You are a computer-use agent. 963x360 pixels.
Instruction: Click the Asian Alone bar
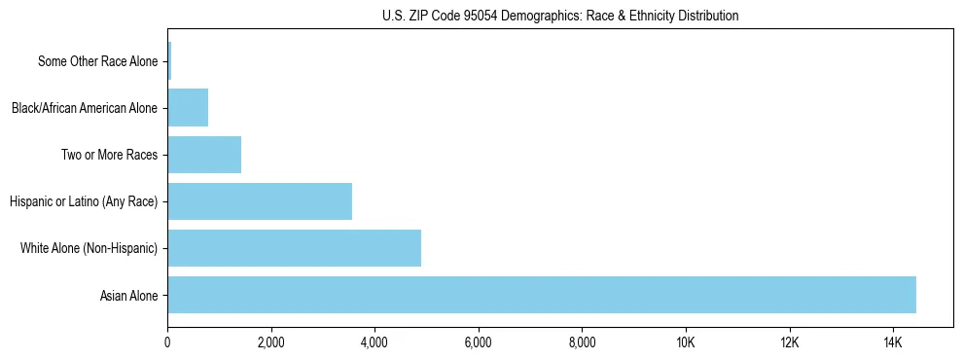pos(542,295)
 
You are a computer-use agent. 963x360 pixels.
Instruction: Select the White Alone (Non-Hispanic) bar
pos(294,248)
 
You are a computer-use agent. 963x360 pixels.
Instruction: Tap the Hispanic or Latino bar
pos(260,201)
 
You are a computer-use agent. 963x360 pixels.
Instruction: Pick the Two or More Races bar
pos(204,155)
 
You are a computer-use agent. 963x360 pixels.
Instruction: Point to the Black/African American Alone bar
pos(188,108)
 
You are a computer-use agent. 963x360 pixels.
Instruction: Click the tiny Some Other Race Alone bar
pos(169,61)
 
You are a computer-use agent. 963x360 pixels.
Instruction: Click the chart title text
pos(560,16)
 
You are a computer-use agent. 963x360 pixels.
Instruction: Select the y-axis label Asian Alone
pos(128,296)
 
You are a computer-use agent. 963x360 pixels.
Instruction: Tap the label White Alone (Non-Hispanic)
pos(89,249)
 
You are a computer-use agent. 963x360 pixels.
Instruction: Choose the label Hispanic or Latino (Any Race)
pos(83,202)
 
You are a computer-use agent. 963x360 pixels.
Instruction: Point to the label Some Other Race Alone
pos(97,62)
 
